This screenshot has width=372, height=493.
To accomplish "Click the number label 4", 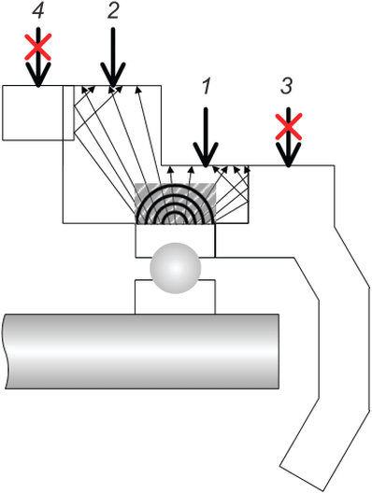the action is point(38,11).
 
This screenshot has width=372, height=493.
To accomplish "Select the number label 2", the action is point(113,11).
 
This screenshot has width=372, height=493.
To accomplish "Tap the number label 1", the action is point(207,86).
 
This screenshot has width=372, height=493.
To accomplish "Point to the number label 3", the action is point(287,86).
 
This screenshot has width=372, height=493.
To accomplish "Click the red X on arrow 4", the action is point(38,47).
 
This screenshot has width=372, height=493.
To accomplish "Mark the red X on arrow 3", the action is point(289,126).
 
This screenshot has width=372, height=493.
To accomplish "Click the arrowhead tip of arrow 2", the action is point(113,86).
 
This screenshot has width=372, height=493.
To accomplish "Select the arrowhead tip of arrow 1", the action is point(206,166).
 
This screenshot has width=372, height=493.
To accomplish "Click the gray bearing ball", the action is point(176,268).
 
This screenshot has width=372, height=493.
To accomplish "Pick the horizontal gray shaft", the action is point(141,351).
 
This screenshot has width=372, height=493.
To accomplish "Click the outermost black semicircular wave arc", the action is point(176,185).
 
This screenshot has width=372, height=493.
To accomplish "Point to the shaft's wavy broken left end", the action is point(5,351).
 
